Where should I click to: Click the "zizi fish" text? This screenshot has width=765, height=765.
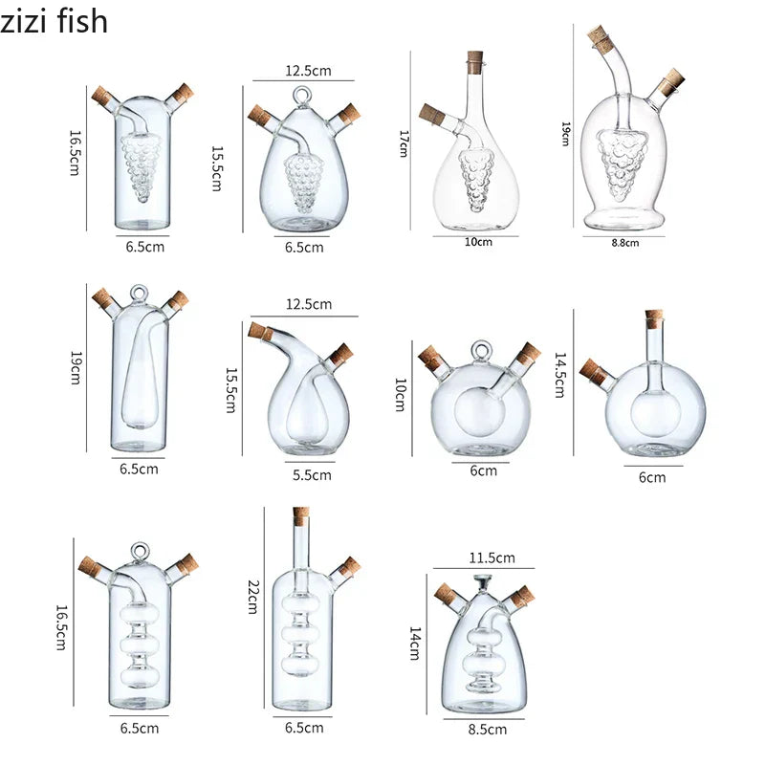(x=55, y=21)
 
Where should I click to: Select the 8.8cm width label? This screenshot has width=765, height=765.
(x=624, y=243)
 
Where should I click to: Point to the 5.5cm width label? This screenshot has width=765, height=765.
(x=312, y=473)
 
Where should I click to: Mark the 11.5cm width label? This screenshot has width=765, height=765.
(x=492, y=557)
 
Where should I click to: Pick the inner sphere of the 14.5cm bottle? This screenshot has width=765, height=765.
(x=654, y=414)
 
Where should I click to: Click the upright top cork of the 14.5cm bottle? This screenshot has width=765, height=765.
(x=654, y=318)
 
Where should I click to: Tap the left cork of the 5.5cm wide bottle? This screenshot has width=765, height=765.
(x=258, y=330)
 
